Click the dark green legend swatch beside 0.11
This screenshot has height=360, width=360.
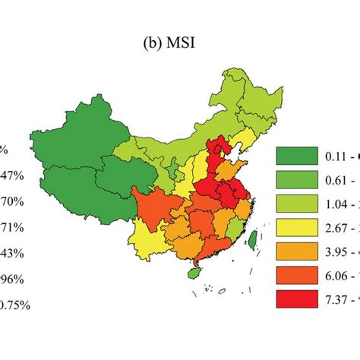tap(296, 156)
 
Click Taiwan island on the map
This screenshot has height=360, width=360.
tap(253, 240)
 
